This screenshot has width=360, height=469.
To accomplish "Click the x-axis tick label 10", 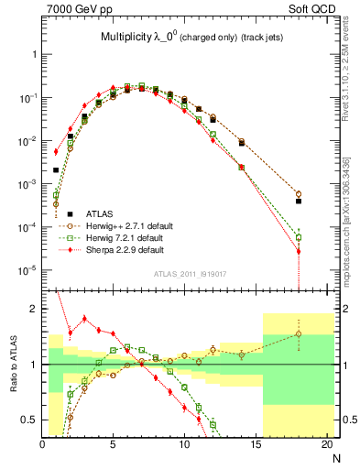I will (x=184, y=445).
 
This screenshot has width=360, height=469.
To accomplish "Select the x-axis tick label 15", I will (x=256, y=445).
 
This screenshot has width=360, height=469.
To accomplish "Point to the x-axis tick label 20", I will (x=326, y=445).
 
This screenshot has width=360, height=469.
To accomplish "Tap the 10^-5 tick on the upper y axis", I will (x=28, y=270).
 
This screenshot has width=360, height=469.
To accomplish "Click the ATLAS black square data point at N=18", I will (x=299, y=201).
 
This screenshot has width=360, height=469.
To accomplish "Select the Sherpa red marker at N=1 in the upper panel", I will (x=56, y=152).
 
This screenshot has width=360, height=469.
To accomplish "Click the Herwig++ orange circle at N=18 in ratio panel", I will (x=299, y=333).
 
